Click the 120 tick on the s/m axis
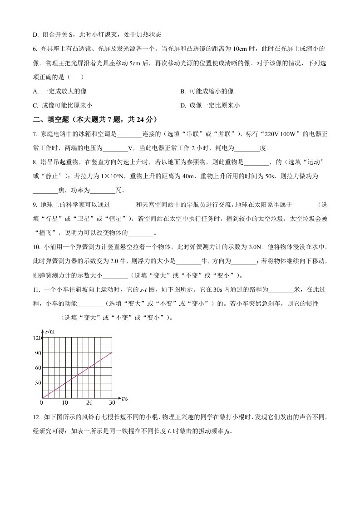tap(37, 338)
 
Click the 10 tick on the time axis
tap(65, 402)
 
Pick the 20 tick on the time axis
tap(89, 402)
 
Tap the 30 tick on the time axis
tap(112, 402)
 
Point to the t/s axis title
tap(125, 398)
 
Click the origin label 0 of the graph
tap(42, 402)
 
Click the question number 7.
tap(35, 134)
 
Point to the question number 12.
tap(36, 417)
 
